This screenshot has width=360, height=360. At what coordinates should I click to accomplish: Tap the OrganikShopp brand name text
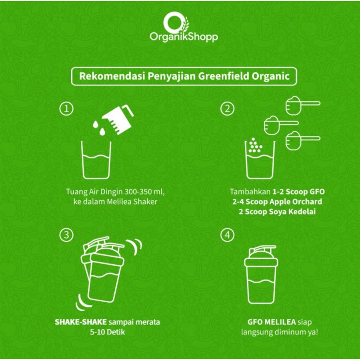pyautogui.click(x=184, y=37)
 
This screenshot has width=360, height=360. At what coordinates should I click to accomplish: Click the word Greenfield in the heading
pyautogui.click(x=223, y=76)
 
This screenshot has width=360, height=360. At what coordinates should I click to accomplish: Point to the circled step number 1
pyautogui.click(x=66, y=108)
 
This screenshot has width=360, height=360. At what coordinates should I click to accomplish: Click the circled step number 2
pyautogui.click(x=227, y=108)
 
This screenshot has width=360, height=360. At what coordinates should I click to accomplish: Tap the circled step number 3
pyautogui.click(x=66, y=235)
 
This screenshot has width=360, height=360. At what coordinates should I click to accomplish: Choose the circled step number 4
pyautogui.click(x=227, y=235)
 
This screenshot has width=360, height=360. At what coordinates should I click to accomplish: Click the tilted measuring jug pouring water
pyautogui.click(x=117, y=119)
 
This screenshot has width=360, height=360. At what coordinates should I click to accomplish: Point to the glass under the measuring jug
pyautogui.click(x=96, y=160)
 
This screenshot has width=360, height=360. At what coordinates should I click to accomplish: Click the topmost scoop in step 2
pyautogui.click(x=303, y=105)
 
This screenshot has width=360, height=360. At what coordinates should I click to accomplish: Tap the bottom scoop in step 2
pyautogui.click(x=303, y=140)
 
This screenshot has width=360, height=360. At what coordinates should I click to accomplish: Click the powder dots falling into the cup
pyautogui.click(x=255, y=145)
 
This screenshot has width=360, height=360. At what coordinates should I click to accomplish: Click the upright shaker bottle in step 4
pyautogui.click(x=261, y=274)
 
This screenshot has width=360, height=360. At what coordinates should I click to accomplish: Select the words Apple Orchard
pyautogui.click(x=296, y=202)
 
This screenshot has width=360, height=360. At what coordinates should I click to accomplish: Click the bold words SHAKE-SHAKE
pyautogui.click(x=81, y=322)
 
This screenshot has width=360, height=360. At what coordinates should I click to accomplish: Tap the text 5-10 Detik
pyautogui.click(x=107, y=332)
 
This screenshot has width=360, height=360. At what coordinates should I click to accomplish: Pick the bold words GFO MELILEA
pyautogui.click(x=271, y=322)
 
